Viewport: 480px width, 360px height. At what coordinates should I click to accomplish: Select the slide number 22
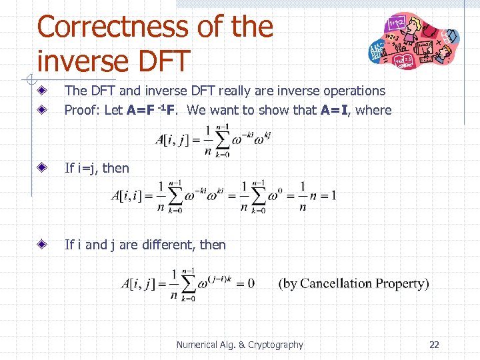click(434, 345)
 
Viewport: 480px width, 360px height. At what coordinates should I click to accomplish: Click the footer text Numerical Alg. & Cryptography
click(239, 345)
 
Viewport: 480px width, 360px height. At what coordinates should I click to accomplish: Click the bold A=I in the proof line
click(335, 110)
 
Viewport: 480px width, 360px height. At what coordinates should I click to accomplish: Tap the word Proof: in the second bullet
click(83, 110)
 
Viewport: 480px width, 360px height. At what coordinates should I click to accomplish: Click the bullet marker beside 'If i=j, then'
click(41, 168)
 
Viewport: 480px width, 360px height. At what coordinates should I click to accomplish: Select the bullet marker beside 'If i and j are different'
click(41, 245)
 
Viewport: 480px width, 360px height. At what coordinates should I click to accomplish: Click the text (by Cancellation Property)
click(353, 283)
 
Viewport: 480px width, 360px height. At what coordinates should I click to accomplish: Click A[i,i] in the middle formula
click(131, 196)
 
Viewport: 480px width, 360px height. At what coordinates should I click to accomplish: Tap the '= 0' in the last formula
click(243, 283)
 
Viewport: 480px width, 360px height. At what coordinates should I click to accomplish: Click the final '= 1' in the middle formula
click(325, 196)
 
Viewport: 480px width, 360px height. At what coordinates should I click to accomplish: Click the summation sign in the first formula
click(221, 139)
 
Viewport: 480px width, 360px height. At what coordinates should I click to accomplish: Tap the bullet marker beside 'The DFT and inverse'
click(41, 91)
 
